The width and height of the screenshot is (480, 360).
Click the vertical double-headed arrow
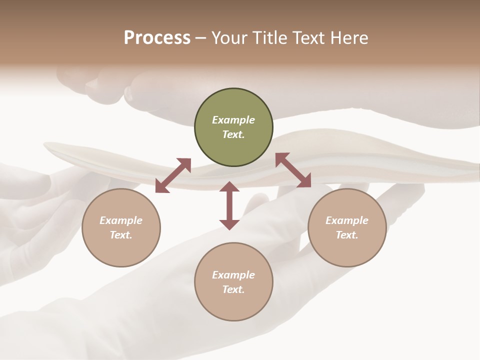[229, 205]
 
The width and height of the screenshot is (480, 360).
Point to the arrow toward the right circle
[293, 170]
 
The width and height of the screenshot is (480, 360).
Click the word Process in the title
[157, 38]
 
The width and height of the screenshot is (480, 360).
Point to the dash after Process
[200, 38]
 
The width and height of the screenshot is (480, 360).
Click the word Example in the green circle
[233, 120]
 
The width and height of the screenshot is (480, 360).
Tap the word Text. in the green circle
[233, 134]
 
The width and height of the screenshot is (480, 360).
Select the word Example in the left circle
[121, 220]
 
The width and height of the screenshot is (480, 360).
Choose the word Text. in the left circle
[121, 235]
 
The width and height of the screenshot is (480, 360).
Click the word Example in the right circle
[347, 220]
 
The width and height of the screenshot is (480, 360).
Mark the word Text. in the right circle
[347, 235]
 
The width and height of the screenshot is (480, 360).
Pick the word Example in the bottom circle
[233, 275]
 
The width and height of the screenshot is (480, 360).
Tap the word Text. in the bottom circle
[233, 289]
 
